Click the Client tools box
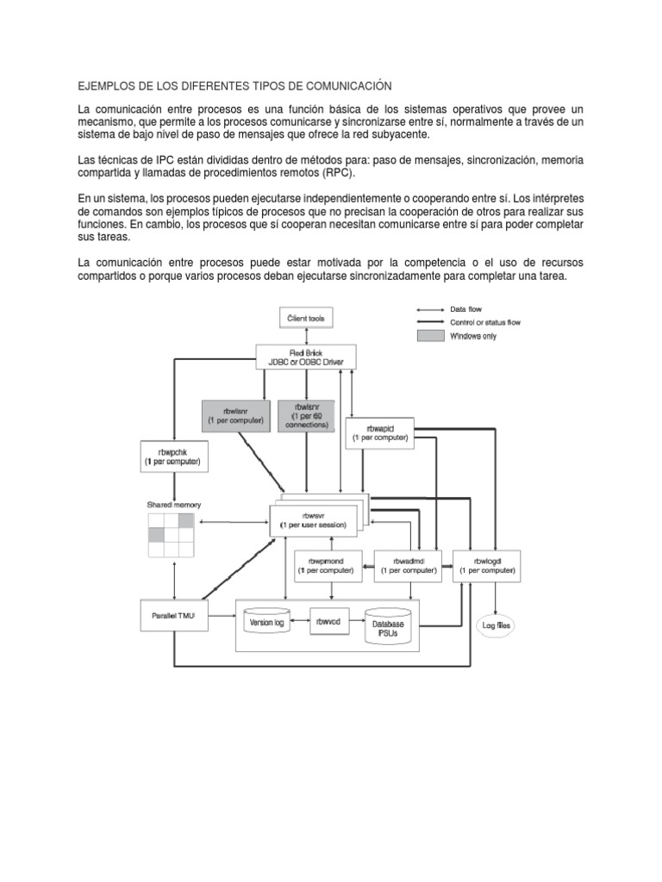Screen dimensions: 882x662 pos(305,319)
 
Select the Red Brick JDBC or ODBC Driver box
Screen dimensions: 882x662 pos(306,357)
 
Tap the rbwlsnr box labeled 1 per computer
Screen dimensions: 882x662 pos(234,414)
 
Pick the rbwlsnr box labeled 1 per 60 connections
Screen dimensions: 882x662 pos(306,414)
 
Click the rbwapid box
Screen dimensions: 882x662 pos(379,432)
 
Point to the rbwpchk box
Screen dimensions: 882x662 pos(173,456)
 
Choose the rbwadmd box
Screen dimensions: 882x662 pos(407,566)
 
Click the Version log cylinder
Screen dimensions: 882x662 pos(268,621)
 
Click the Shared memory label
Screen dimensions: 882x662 pos(172,504)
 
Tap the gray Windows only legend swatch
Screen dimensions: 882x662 pos(429,336)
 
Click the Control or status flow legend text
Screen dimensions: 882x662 pos(485,322)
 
